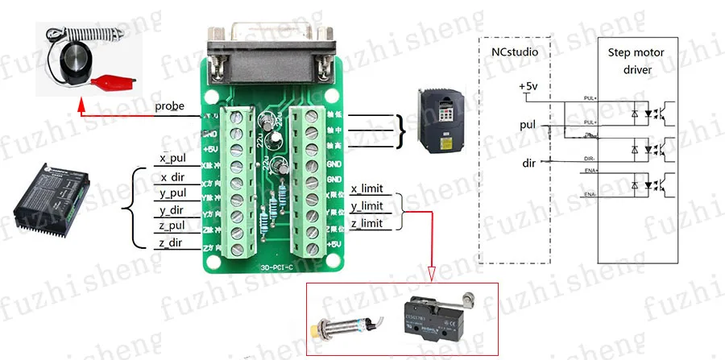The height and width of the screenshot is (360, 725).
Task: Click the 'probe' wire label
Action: click(171, 106)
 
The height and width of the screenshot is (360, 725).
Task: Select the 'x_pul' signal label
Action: click(173, 159)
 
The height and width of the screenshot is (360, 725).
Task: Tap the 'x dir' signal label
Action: click(174, 177)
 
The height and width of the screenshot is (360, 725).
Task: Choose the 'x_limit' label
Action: click(367, 189)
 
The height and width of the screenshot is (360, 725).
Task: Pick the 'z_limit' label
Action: click(367, 223)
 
